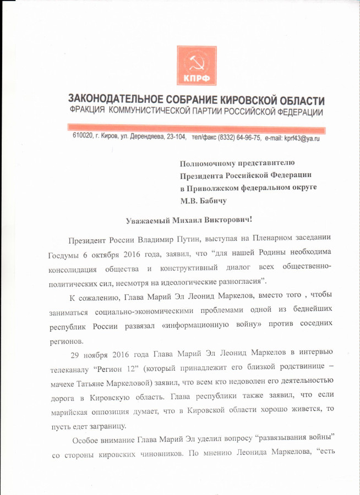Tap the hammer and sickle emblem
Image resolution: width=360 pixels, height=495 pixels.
coord(197,60)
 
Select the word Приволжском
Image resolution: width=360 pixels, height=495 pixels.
coord(214,188)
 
